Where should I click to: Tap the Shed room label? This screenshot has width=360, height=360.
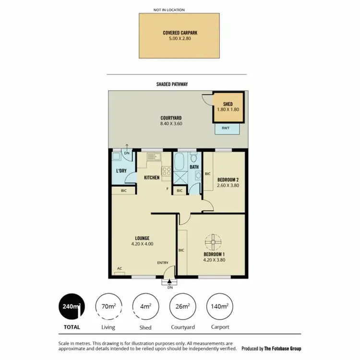tap(228, 104)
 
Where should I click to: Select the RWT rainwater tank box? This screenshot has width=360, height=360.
tap(225, 128)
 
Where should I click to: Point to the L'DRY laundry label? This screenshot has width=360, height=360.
tap(121, 171)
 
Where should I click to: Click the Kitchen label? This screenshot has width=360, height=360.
tap(152, 178)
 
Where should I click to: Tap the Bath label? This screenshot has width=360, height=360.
tap(194, 167)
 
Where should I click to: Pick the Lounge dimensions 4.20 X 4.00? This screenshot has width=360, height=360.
tap(142, 244)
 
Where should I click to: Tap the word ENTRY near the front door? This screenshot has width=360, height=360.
tap(163, 263)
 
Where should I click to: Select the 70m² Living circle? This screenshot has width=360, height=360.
tap(108, 306)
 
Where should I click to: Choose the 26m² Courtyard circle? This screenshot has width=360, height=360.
tap(182, 306)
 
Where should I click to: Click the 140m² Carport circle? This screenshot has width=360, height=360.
tap(219, 306)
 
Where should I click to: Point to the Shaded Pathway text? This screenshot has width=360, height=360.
tap(172, 84)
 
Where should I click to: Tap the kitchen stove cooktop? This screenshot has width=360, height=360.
tap(167, 171)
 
